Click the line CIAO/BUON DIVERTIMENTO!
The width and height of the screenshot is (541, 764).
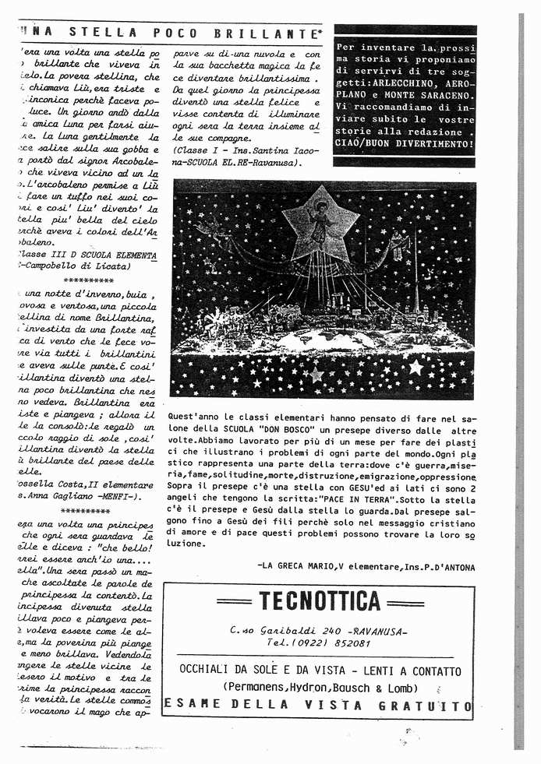coord(405,144)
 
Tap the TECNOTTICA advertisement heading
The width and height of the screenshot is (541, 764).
coord(320,601)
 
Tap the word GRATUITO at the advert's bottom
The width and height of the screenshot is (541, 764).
coord(428,706)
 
